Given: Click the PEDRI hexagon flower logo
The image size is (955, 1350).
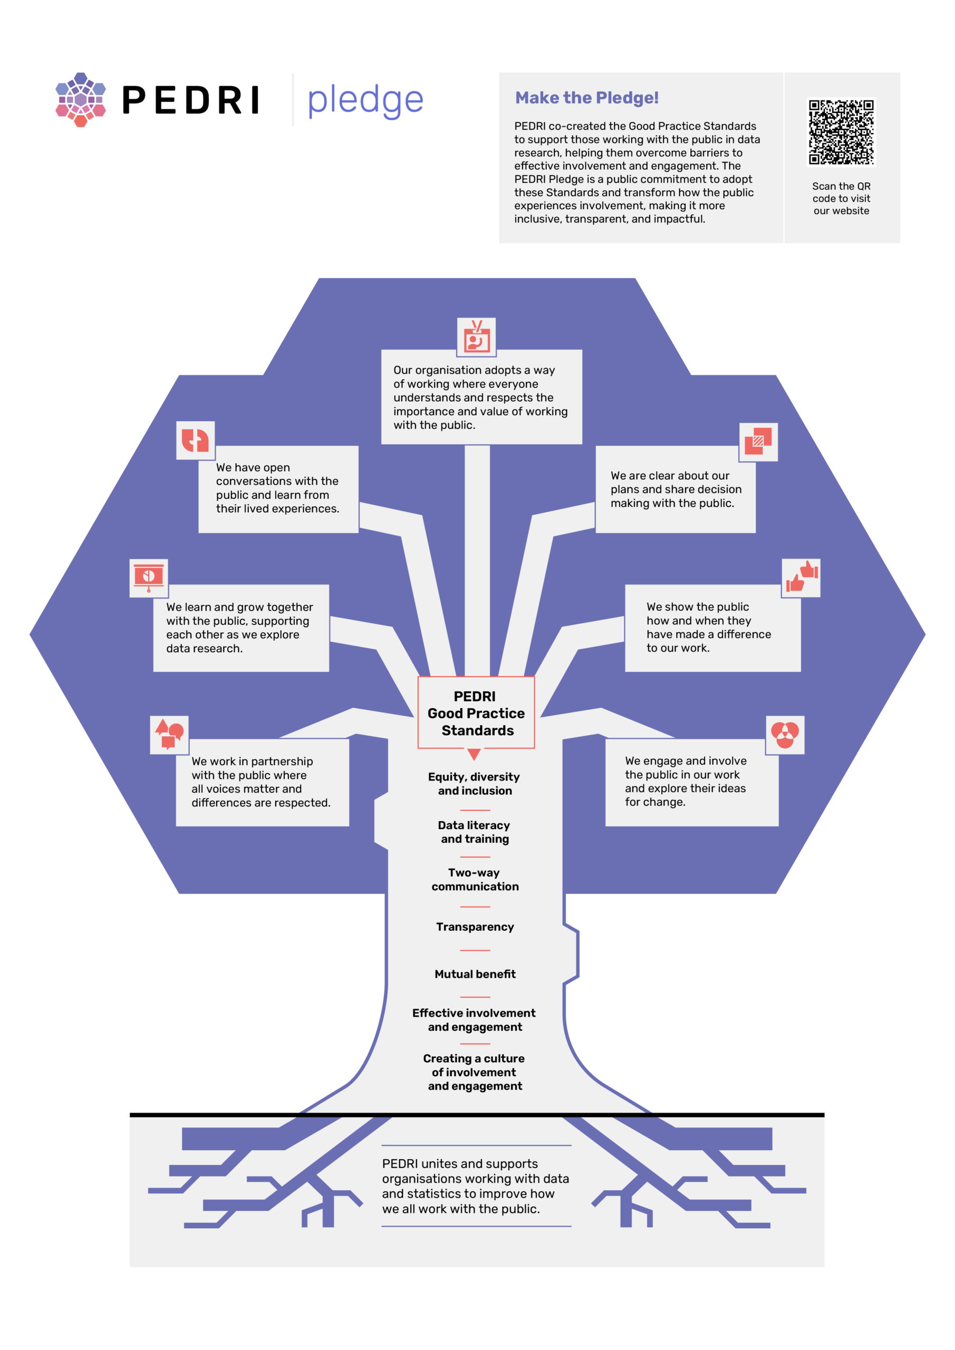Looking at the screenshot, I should pos(81,99).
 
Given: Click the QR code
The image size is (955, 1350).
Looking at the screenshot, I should pos(841,132).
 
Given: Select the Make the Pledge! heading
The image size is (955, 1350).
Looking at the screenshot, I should pos(586,98).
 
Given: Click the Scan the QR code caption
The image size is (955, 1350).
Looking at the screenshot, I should pos(841,198).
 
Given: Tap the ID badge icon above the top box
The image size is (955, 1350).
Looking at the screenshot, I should pos(476,337).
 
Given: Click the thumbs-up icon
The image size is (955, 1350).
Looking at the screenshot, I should pos(801,578).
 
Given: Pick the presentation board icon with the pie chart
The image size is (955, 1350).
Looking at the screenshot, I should pos(149,578).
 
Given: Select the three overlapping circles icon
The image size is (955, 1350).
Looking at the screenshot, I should pos(785,735).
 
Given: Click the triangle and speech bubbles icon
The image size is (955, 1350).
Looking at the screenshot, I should pos(169,735).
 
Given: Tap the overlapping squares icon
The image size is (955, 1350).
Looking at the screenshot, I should pos(758,441).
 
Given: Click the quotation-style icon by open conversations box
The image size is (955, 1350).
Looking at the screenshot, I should pos(195,440).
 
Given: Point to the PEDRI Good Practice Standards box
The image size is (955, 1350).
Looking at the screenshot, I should pos(476,712).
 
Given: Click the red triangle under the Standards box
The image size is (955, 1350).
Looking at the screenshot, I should pos(474,754).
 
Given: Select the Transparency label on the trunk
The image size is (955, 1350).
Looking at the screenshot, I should pos(475,927).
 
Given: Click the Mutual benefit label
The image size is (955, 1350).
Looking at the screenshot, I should pos(475,975).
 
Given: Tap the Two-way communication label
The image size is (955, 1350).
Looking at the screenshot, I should pos(475,880).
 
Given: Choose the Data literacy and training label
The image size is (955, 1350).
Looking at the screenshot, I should pos(475,832).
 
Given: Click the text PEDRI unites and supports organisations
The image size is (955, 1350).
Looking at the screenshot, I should pos(475,1186).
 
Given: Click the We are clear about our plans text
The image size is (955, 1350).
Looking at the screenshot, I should pos(675,489).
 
